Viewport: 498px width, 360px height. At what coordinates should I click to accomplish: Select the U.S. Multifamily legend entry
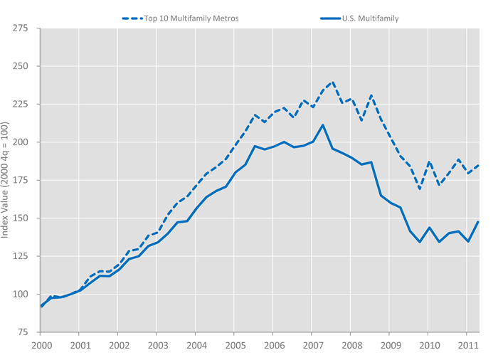click(367, 18)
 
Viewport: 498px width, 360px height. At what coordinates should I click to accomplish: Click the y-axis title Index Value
click(6, 180)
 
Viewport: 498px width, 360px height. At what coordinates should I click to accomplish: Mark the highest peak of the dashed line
click(332, 82)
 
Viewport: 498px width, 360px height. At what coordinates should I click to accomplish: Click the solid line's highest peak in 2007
click(322, 125)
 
